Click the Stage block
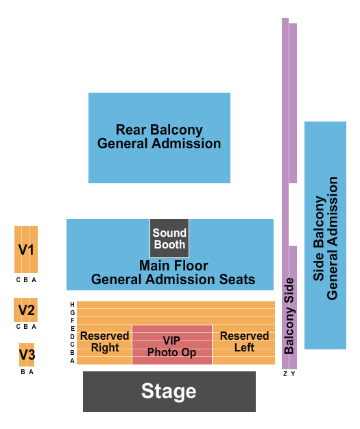tap(169, 391)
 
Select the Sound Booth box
tap(169, 238)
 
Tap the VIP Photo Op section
tap(171, 346)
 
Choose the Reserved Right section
tap(104, 342)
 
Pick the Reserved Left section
tap(244, 342)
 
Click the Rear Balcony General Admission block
tap(159, 137)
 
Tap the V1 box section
tap(26, 250)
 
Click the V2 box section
tap(26, 310)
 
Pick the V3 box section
tap(26, 355)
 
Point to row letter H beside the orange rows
tap(72, 305)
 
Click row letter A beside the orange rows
tap(72, 360)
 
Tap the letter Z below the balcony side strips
tap(285, 374)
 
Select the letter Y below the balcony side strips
tap(293, 374)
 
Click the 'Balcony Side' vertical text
tap(289, 316)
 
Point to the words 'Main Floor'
tap(173, 265)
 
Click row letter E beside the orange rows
tap(72, 329)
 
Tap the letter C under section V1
tap(19, 280)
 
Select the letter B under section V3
tap(23, 372)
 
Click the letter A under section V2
tap(34, 327)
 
